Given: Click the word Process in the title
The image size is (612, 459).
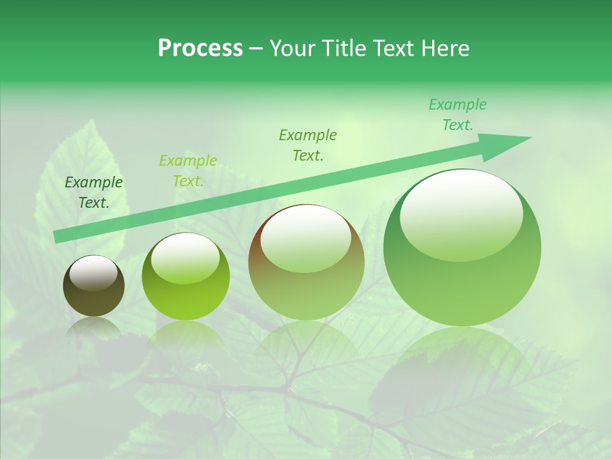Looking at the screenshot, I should click(200, 48).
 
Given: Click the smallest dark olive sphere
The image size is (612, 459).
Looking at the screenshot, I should click(94, 286).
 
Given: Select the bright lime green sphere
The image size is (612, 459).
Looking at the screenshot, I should click(186, 277).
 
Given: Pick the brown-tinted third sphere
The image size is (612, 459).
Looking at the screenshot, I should click(306, 262).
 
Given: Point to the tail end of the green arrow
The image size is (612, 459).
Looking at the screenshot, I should click(59, 237).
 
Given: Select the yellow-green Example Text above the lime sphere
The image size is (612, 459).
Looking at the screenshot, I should click(187, 171).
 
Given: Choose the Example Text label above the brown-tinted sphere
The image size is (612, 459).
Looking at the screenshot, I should click(308, 145).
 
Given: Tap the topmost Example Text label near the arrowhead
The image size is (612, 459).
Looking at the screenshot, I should click(457, 115).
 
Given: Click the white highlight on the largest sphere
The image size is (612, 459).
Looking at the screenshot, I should click(461, 215).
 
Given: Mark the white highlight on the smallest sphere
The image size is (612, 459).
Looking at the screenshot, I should click(93, 273).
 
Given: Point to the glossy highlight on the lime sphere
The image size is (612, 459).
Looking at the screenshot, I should click(185, 258).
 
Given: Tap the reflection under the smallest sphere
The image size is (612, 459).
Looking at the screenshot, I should click(94, 328).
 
